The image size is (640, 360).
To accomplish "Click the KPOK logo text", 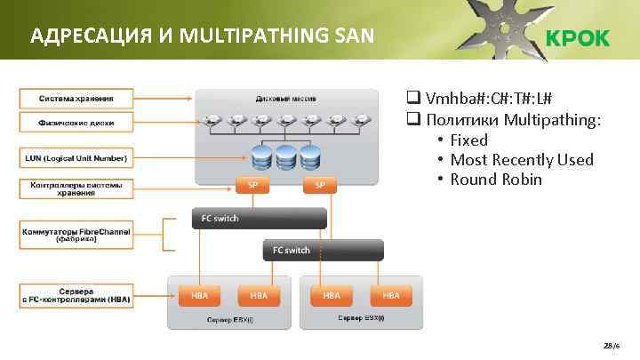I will pos(577,38).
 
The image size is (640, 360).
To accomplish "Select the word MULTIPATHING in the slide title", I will pos(252,36).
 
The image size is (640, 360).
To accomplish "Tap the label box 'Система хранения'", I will pos(75,97).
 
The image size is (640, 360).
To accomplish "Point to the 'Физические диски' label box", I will pos(75,122).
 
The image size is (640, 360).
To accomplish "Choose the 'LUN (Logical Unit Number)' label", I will pos(75,159).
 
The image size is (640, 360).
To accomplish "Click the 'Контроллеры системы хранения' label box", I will pos(75,188).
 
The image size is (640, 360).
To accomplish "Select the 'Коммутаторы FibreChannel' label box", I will pos(75,235).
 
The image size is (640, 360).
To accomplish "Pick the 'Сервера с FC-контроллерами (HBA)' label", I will pos(75,295).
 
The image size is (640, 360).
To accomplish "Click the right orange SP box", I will pos(320,185).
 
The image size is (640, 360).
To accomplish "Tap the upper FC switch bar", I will pos(259,218).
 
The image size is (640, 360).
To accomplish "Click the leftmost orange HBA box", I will pos(195,294).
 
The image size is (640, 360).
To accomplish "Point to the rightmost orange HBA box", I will pos(391,294).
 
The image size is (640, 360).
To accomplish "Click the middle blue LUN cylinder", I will pos(285,157).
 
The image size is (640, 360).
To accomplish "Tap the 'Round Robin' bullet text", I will pos(496,180).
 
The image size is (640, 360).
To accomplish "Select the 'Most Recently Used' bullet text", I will pos(521,160).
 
